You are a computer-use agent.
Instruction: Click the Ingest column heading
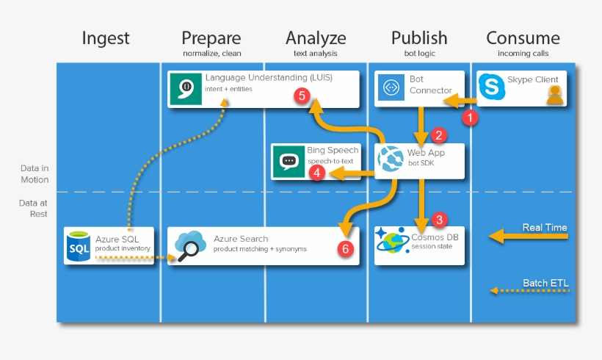click(x=106, y=38)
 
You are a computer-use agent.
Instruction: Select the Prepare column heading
click(x=211, y=38)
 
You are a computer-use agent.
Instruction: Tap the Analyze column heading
click(x=316, y=38)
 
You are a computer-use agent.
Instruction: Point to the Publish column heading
click(x=418, y=38)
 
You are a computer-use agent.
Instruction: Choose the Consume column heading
click(x=523, y=38)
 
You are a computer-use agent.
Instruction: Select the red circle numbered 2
click(x=439, y=134)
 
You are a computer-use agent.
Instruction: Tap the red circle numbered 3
click(x=439, y=219)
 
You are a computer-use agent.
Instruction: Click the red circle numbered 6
click(x=344, y=248)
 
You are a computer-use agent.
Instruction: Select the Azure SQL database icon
click(x=79, y=246)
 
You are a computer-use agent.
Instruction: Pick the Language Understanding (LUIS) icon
click(x=185, y=89)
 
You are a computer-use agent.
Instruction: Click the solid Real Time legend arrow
click(x=529, y=237)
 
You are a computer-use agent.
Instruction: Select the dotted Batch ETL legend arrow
click(x=529, y=291)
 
